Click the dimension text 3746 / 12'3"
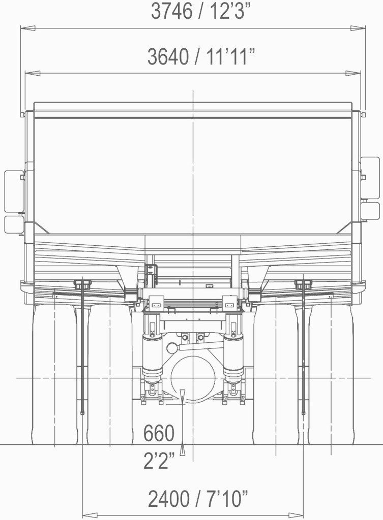click(200, 11)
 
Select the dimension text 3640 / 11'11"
click(201, 56)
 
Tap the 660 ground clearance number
click(159, 433)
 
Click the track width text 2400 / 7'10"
click(198, 499)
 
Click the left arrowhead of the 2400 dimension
click(90, 515)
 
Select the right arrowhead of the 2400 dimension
click(296, 515)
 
